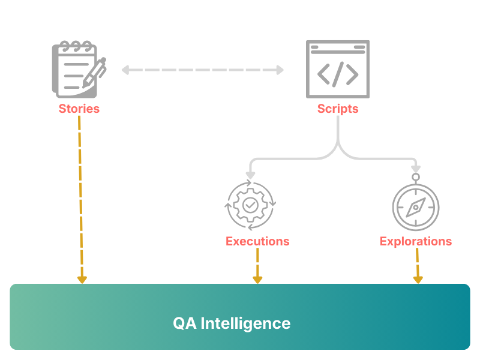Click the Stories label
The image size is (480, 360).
coord(79,109)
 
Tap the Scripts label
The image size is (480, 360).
coord(338,109)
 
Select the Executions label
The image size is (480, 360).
coord(257,241)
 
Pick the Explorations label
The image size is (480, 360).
coord(416,241)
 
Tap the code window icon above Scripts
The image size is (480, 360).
coord(338,68)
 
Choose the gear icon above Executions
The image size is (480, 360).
coord(250,205)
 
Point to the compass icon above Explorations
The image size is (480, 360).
coord(416,207)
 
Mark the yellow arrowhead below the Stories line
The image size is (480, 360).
coord(82,280)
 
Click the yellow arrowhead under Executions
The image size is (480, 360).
coord(257,280)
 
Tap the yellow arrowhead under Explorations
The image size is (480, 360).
coord(418,280)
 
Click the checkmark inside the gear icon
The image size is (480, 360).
coord(250,205)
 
